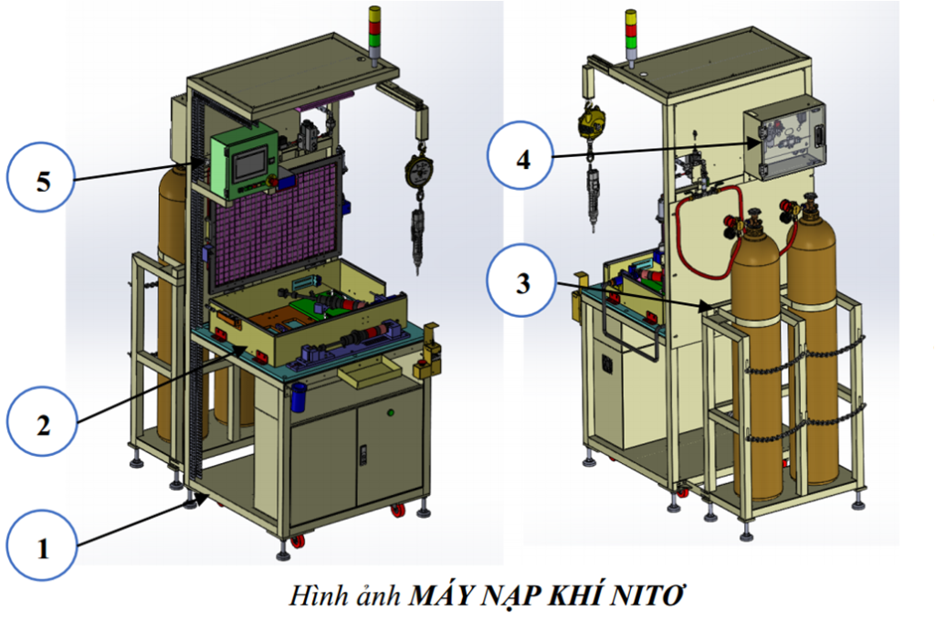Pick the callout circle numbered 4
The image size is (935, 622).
(522, 160)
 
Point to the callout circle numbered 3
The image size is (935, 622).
(522, 283)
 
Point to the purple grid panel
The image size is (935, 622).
(274, 219)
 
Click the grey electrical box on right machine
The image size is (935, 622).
(784, 139)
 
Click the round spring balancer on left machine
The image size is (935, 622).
(419, 172)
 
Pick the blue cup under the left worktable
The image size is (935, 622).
(298, 395)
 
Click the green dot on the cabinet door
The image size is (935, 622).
(390, 414)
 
